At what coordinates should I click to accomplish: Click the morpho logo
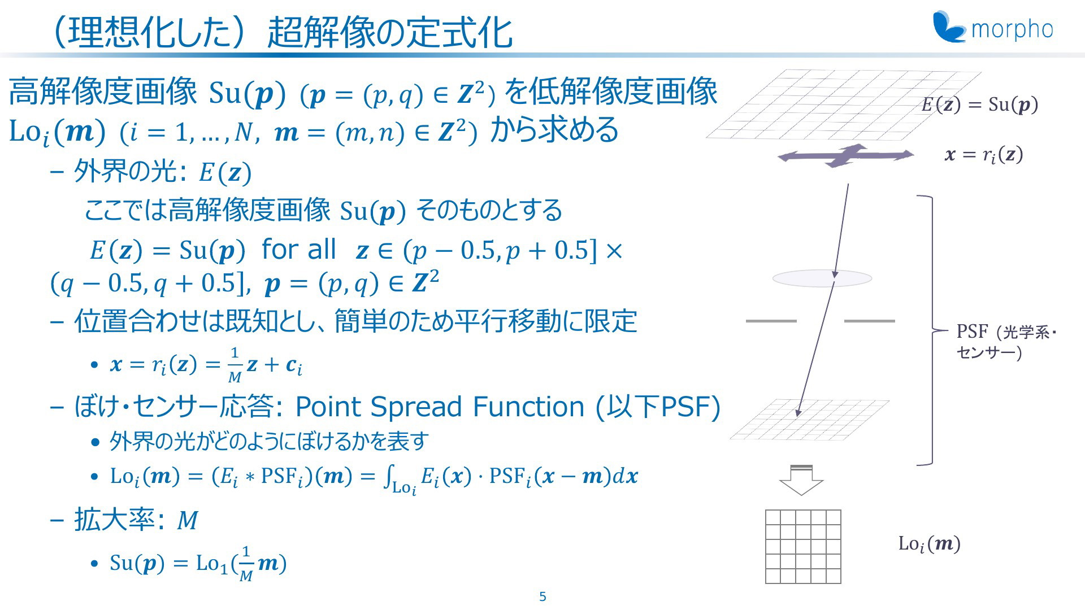tap(993, 27)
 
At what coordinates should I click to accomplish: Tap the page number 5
tap(542, 597)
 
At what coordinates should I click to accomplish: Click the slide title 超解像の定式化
tap(390, 32)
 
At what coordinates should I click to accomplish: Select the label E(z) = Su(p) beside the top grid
tap(980, 104)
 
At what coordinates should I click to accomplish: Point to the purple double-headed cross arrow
tap(846, 155)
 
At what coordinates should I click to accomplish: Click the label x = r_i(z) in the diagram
tap(984, 155)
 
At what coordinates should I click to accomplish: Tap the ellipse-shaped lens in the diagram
tap(822, 278)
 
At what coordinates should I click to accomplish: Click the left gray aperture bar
tap(771, 321)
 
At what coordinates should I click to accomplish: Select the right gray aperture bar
tap(869, 321)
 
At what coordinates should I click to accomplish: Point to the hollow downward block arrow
tap(801, 480)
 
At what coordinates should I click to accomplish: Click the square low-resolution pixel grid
tap(803, 546)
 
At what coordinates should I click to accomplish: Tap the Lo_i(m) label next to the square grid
tap(930, 544)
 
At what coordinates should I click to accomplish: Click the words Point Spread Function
tap(440, 406)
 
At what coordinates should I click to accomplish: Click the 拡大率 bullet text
tap(136, 520)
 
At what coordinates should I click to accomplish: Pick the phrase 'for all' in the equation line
tap(298, 249)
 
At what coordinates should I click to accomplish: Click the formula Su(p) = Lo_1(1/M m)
tap(198, 563)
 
